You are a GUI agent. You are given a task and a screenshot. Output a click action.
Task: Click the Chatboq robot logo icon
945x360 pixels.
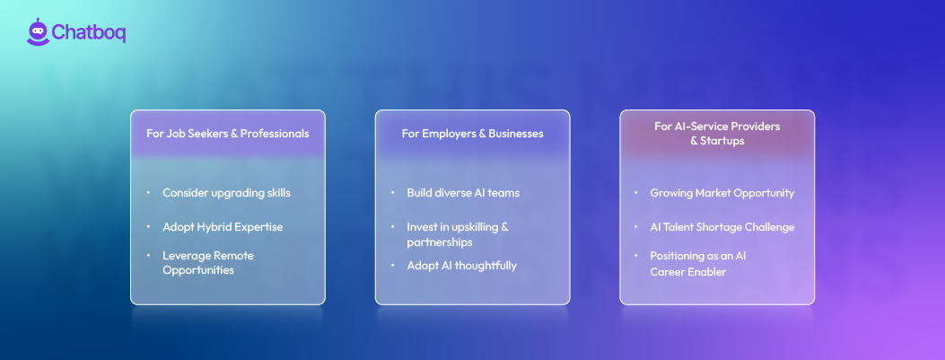point(38,31)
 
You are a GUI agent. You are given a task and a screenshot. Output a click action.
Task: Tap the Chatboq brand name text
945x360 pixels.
point(89,33)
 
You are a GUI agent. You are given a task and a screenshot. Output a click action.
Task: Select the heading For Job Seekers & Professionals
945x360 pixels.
point(228,134)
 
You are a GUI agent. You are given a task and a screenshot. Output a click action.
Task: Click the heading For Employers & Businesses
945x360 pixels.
point(472,134)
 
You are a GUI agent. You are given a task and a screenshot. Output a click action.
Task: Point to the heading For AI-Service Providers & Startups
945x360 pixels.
point(717,134)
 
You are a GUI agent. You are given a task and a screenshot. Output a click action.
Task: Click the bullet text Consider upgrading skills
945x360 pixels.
point(226,193)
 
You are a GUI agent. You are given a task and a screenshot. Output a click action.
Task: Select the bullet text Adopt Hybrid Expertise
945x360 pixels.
point(223,227)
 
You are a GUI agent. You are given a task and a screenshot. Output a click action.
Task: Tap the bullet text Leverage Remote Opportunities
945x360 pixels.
point(208,263)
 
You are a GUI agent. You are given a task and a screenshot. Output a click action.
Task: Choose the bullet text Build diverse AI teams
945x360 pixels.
point(463,193)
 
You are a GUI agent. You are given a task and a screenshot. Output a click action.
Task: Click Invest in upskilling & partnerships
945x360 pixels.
point(458,234)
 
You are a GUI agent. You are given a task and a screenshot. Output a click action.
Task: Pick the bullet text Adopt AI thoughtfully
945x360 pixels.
point(461,266)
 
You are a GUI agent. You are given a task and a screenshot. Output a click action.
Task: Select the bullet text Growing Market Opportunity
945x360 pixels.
point(722,193)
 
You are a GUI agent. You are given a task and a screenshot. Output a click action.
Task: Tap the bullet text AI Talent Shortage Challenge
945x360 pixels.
point(722,227)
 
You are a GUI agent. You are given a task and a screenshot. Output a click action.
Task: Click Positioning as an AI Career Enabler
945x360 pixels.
point(698,263)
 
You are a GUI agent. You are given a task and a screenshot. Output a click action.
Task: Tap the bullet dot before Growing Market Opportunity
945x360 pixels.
point(637,193)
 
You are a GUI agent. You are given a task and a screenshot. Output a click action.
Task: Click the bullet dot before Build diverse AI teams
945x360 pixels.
point(393,193)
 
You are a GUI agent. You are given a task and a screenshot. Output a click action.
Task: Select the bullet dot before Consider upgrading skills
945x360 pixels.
point(149,193)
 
